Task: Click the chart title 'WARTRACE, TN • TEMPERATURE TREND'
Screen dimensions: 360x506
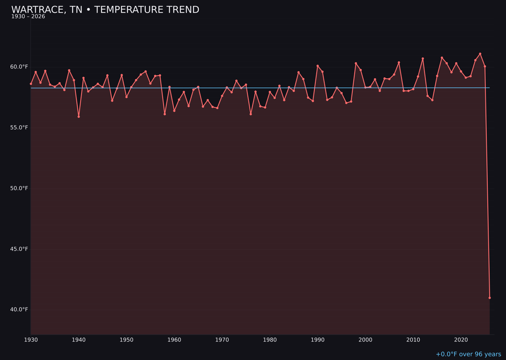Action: (105, 10)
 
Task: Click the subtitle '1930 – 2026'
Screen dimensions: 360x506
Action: (28, 17)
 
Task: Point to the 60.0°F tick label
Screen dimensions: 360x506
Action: (19, 67)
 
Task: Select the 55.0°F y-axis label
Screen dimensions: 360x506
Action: (19, 127)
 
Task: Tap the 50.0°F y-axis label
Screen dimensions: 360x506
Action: (19, 188)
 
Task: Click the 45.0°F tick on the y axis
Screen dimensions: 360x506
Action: (19, 249)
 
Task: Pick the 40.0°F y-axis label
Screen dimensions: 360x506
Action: (19, 309)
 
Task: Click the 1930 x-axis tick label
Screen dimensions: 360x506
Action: (31, 340)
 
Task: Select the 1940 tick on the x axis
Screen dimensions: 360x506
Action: (79, 340)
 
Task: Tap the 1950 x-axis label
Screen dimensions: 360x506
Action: (126, 340)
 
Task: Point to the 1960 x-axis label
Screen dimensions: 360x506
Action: (174, 340)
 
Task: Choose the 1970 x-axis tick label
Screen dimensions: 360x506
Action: (222, 340)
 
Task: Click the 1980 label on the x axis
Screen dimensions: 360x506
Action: (270, 340)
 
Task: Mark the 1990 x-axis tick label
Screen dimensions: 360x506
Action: (318, 340)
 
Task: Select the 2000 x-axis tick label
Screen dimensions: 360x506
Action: (365, 340)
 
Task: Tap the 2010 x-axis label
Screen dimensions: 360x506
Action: (413, 340)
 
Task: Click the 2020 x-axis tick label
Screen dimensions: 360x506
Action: (461, 340)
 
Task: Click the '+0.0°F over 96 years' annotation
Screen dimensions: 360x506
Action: (468, 354)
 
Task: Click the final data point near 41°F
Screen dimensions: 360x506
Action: (490, 298)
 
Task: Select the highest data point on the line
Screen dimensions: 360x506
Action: (480, 54)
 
